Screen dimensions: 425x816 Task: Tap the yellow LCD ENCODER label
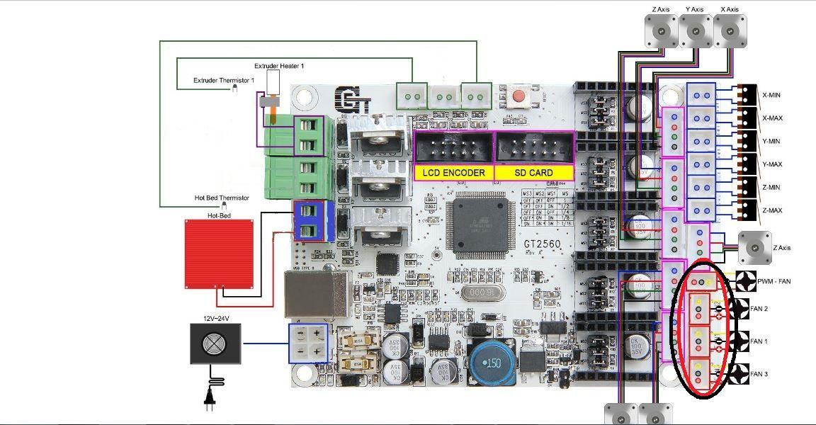pos(453,173)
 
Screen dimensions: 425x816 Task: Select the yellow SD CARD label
pos(533,173)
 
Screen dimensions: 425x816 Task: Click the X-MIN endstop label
pos(772,95)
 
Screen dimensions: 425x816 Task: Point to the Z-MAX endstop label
pos(772,210)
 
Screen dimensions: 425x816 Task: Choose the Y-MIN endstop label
pos(772,141)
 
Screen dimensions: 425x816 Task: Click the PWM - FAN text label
pos(773,282)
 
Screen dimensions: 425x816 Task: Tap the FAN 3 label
pos(759,374)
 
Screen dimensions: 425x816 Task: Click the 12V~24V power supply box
pos(215,344)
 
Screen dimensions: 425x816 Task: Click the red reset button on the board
pos(518,95)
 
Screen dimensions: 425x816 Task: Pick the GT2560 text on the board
pos(543,243)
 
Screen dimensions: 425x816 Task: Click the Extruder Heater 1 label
pos(279,66)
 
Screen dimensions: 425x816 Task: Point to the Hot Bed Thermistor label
pos(222,198)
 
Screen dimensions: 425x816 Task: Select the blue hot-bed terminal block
pos(308,221)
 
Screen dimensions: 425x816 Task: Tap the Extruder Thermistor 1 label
pos(223,81)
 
